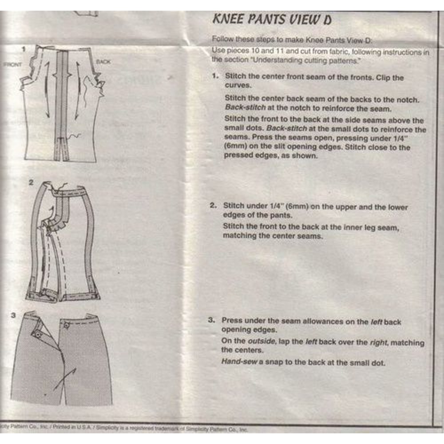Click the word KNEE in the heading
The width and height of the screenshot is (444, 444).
(x=228, y=20)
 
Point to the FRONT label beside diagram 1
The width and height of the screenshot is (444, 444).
(x=12, y=64)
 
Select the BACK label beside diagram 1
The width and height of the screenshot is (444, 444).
(x=103, y=62)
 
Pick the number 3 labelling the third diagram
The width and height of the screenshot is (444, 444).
(x=14, y=316)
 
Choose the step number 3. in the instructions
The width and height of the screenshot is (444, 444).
(x=212, y=320)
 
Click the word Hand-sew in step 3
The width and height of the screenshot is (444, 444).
(x=238, y=362)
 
